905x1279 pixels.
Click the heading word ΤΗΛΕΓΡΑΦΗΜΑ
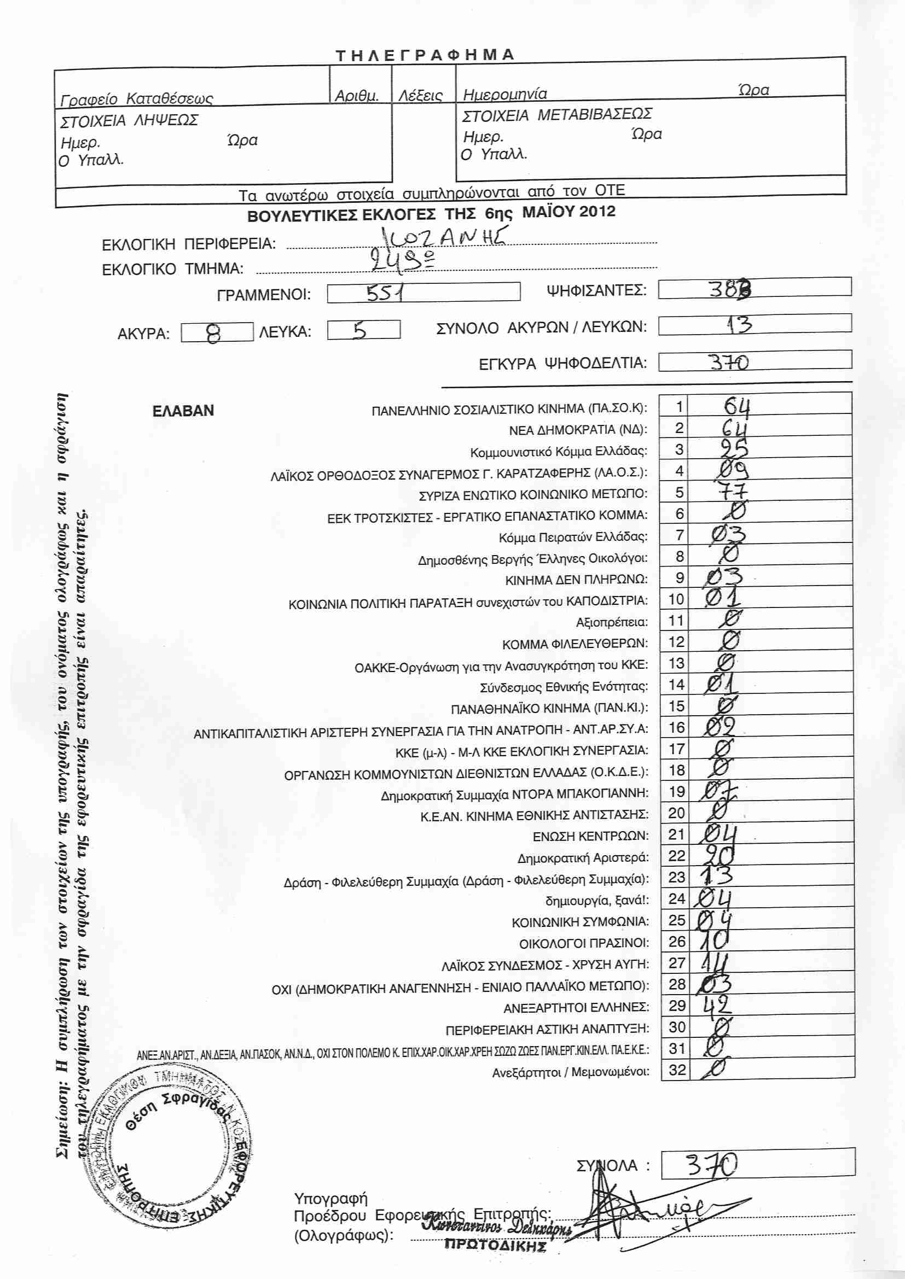(x=425, y=55)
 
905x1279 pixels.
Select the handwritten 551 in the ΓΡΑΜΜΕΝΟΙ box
(x=385, y=293)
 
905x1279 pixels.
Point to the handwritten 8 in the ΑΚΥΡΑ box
(x=213, y=333)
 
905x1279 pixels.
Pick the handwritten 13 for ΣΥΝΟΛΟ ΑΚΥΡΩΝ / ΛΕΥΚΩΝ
(x=740, y=324)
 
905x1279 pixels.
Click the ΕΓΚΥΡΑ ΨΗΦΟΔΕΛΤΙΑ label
(x=562, y=364)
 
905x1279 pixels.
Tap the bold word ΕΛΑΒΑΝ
(x=183, y=411)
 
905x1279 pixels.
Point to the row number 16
(x=676, y=727)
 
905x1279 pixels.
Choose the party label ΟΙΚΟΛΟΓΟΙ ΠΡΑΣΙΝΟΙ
(x=583, y=944)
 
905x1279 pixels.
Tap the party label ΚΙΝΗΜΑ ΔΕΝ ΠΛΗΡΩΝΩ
(x=576, y=580)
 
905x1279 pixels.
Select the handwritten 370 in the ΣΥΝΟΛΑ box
(x=711, y=1165)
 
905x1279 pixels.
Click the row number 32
(x=676, y=1070)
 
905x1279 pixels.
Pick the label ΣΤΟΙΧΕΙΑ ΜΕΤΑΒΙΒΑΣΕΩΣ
(x=556, y=115)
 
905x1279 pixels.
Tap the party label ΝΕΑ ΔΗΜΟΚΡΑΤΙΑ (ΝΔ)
(x=578, y=430)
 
